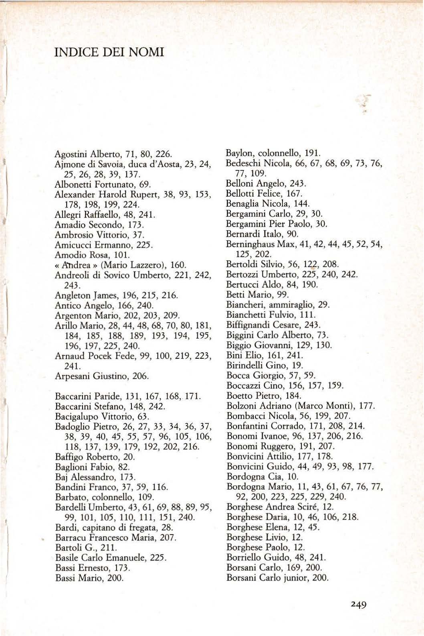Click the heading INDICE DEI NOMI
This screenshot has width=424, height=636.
click(x=109, y=52)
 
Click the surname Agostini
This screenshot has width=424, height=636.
click(x=67, y=154)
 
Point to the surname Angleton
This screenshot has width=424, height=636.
click(x=69, y=296)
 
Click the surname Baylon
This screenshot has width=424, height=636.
click(x=240, y=153)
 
